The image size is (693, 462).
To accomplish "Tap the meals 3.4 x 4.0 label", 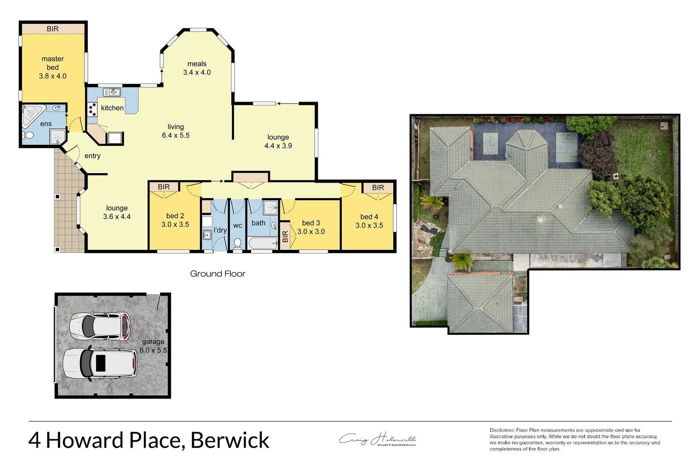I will click(x=197, y=68).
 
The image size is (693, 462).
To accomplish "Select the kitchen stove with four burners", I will click(x=92, y=109).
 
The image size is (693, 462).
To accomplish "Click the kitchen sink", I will click(x=112, y=92).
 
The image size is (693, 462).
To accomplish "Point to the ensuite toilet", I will click(x=29, y=136).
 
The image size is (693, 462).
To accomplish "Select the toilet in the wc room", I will click(x=237, y=244).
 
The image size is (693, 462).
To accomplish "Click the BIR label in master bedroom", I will click(x=53, y=29).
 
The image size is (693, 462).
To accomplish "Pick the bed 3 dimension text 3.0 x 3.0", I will click(x=311, y=231).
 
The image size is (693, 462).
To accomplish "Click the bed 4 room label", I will click(x=369, y=217).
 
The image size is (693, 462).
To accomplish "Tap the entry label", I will click(x=92, y=156).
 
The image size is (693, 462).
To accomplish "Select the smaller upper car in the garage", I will click(x=100, y=326).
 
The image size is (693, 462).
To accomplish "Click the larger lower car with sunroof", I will click(x=100, y=363).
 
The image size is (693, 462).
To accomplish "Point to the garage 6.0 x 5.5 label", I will click(x=153, y=346).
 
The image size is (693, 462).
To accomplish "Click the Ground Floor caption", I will click(x=218, y=274).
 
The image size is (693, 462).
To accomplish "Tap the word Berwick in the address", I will click(x=230, y=440).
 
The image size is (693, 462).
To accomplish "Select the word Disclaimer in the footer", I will click(x=502, y=430).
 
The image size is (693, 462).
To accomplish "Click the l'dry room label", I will click(x=220, y=230).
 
